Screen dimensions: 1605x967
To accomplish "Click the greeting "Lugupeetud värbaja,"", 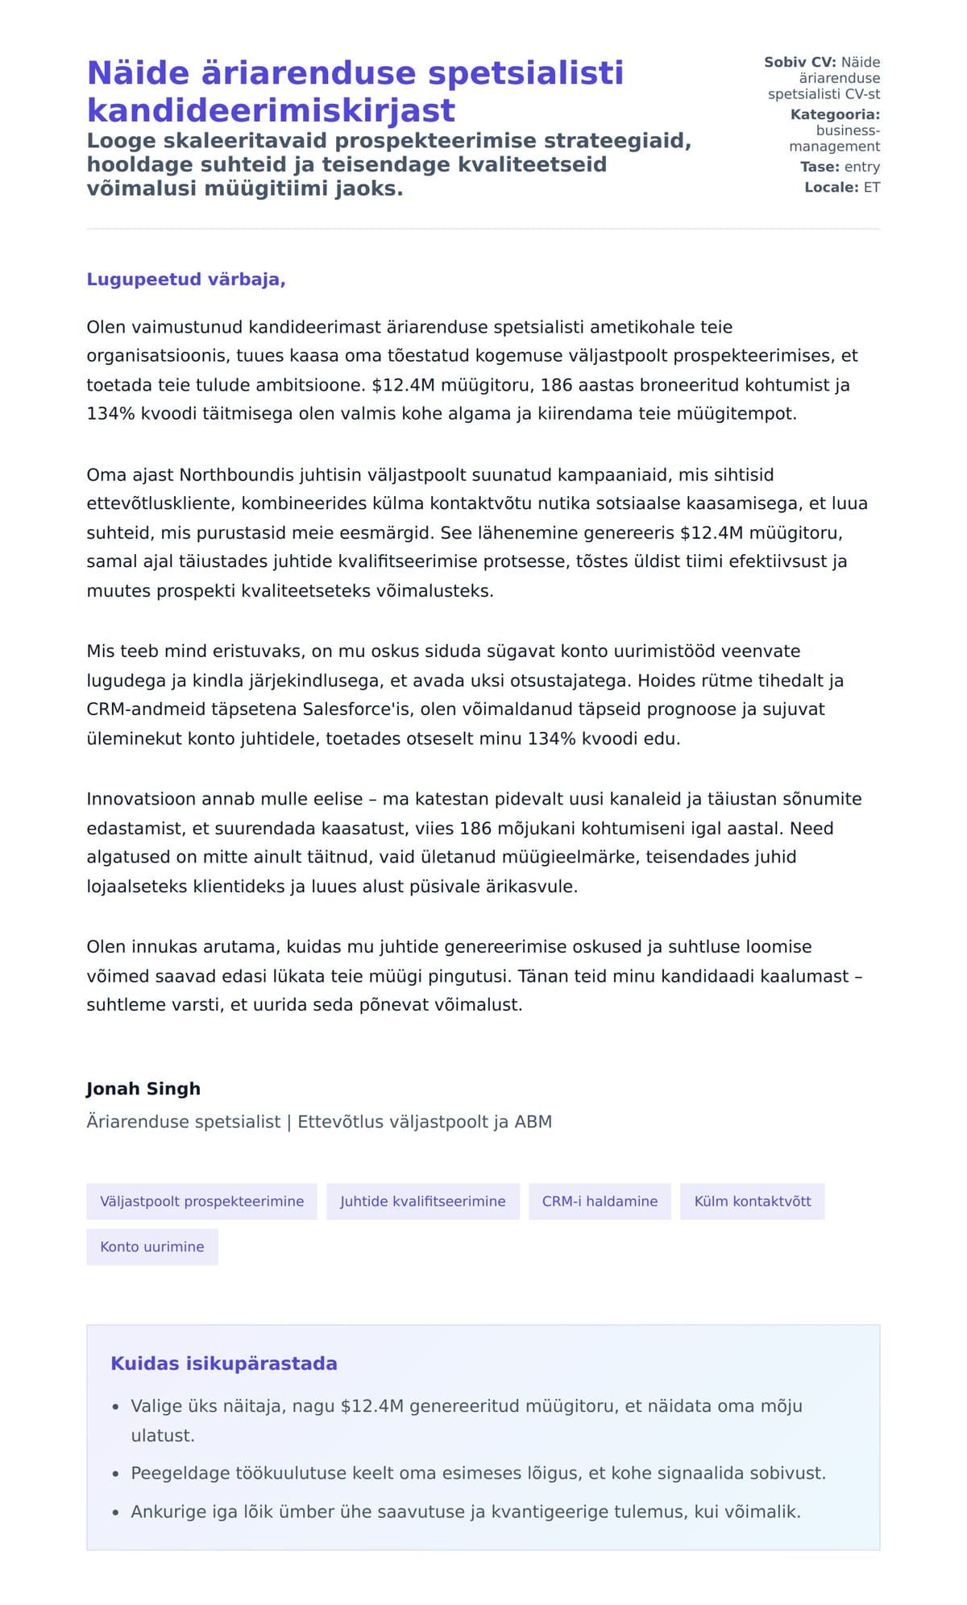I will tap(186, 279).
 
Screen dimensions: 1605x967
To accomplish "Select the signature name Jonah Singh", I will tap(143, 1089).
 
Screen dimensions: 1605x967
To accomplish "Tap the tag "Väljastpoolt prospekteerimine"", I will tap(201, 1202).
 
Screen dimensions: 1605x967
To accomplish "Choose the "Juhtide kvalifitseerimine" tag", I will tap(422, 1202).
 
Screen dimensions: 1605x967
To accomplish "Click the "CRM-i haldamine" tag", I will tap(600, 1202).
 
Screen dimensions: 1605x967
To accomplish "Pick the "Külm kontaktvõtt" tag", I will tap(752, 1202).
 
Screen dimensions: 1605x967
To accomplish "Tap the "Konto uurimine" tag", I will tap(152, 1247).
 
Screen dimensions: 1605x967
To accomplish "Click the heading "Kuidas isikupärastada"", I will tap(224, 1363).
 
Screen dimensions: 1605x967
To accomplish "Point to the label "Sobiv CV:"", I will tap(800, 62).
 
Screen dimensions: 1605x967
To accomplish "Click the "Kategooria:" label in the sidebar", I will tap(835, 114).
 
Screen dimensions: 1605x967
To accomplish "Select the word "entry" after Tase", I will tap(862, 167).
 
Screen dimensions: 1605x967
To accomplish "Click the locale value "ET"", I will tap(872, 188).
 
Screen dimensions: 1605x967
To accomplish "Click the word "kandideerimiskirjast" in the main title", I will tap(271, 110).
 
